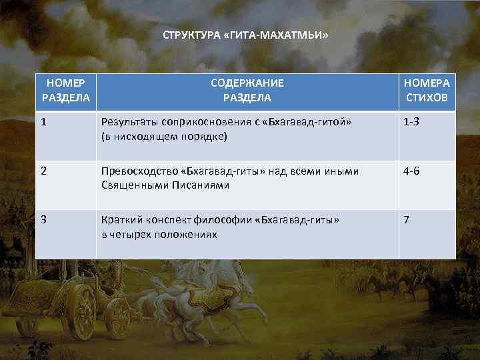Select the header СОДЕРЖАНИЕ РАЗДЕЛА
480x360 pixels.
[247, 91]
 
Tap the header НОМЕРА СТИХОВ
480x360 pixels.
[427, 91]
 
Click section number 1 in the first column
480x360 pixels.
[44, 123]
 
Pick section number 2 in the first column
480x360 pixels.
[44, 171]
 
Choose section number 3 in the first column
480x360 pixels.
[44, 219]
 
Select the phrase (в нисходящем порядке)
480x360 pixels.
[164, 137]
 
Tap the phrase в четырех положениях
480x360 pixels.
[159, 234]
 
